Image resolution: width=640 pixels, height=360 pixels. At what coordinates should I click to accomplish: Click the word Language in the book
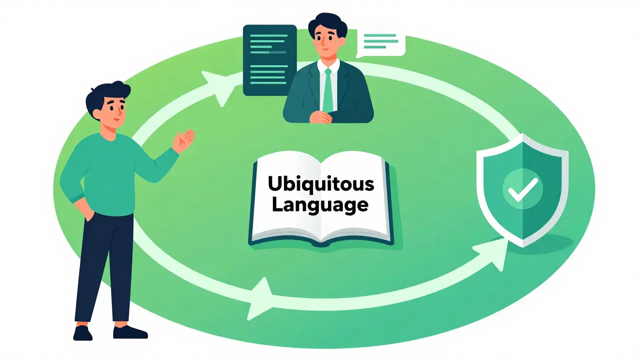320,205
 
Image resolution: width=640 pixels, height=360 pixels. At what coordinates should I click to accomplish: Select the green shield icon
522,190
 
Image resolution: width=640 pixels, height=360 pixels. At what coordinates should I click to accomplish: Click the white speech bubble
381,43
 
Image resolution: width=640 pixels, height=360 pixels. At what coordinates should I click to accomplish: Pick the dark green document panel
269,60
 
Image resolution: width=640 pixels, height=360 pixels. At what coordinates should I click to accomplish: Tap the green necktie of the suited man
328,89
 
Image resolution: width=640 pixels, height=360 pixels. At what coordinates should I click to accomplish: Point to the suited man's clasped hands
321,117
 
